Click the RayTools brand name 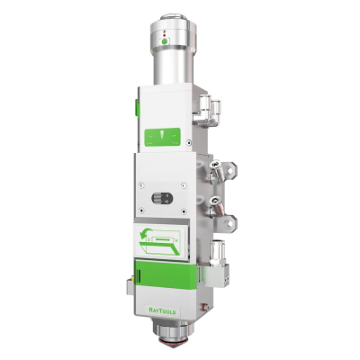[162, 311]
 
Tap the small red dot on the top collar [164, 35]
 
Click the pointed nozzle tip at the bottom [171, 345]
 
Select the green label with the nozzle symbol [163, 138]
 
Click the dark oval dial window [162, 198]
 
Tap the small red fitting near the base [205, 308]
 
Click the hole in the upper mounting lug [229, 170]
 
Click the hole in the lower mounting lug [229, 223]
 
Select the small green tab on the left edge [137, 108]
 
